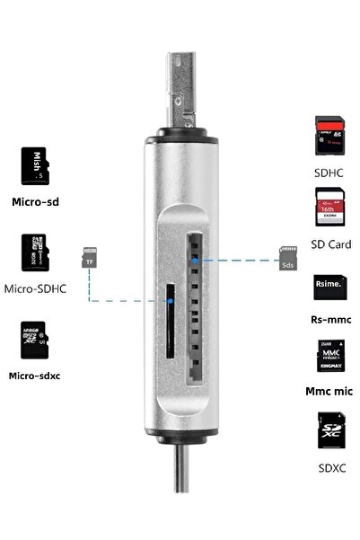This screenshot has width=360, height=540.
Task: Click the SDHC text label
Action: pos(328,171)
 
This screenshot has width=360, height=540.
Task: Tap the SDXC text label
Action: pos(329,466)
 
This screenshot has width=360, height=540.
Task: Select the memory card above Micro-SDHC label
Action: pos(34,255)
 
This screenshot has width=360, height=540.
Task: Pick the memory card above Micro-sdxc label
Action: pos(34,342)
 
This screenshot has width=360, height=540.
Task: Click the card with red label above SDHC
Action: pos(329,136)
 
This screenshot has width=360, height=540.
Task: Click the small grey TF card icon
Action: pos(89,255)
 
